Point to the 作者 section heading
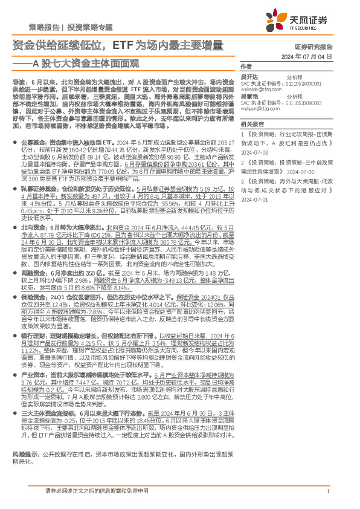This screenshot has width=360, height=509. pos(245,66)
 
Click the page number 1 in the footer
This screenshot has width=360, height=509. pos(327,491)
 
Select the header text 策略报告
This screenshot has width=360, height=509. pos(44,28)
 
